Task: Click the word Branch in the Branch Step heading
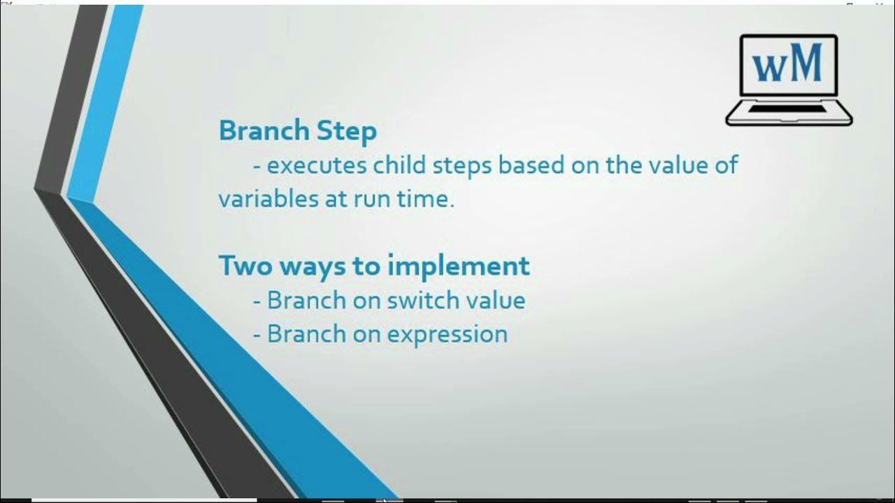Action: [x=264, y=131]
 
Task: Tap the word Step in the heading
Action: [x=347, y=132]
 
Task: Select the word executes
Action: [x=317, y=166]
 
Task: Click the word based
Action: [x=531, y=164]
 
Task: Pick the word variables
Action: [x=268, y=198]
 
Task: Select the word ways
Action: [x=313, y=268]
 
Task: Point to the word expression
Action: [x=447, y=335]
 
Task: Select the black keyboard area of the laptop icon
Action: [x=787, y=109]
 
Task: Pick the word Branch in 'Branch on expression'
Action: [x=306, y=334]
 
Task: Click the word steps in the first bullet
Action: [x=462, y=166]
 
